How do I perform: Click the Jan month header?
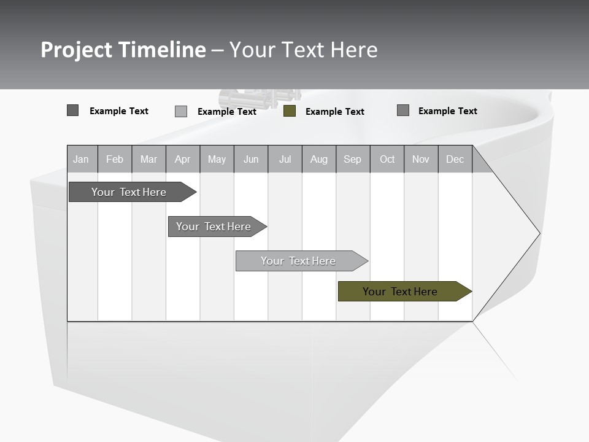(82, 159)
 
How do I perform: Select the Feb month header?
(115, 159)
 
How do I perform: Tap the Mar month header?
(148, 159)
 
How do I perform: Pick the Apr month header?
(183, 159)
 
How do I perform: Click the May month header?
(217, 159)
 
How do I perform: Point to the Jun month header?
(251, 159)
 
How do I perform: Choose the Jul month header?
(285, 159)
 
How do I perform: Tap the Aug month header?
(319, 159)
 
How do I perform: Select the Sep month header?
(353, 159)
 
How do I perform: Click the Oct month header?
(387, 159)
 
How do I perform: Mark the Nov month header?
(421, 159)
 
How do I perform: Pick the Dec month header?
(455, 159)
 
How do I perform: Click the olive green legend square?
(290, 111)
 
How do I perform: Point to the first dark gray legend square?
(72, 110)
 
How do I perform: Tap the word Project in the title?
(77, 50)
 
